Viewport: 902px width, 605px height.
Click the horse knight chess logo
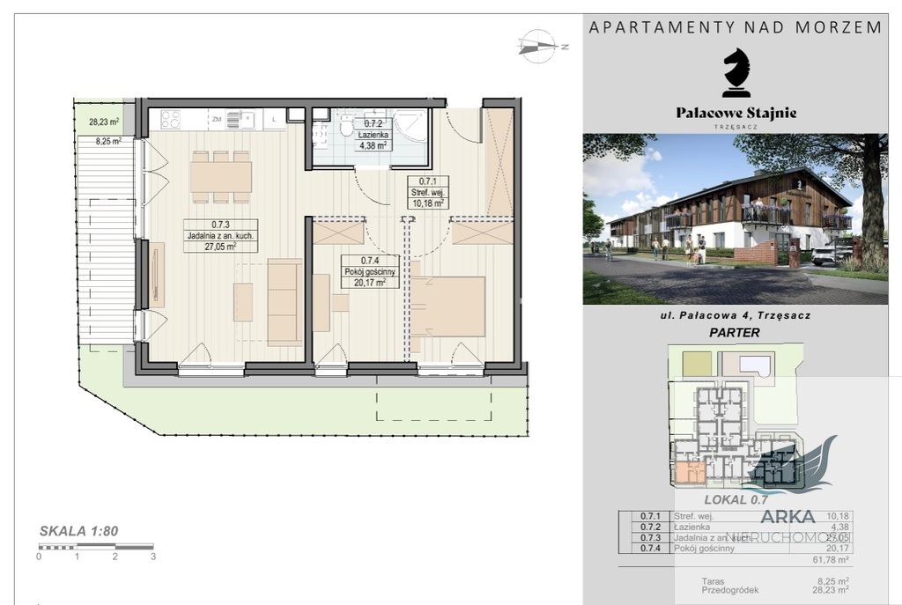[736, 73]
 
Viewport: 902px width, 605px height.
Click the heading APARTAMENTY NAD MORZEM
[735, 27]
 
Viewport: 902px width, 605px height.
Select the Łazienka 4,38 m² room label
[372, 141]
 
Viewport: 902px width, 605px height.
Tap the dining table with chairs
[220, 176]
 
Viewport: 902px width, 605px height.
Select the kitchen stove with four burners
[170, 120]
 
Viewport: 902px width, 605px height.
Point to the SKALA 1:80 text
[78, 531]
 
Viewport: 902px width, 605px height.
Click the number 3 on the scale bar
[153, 557]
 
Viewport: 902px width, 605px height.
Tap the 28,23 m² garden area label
[103, 123]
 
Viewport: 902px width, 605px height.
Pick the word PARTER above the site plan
[735, 333]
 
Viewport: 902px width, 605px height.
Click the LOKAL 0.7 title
[736, 500]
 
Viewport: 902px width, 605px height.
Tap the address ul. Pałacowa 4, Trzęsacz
[736, 315]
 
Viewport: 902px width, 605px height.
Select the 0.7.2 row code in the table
[651, 527]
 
